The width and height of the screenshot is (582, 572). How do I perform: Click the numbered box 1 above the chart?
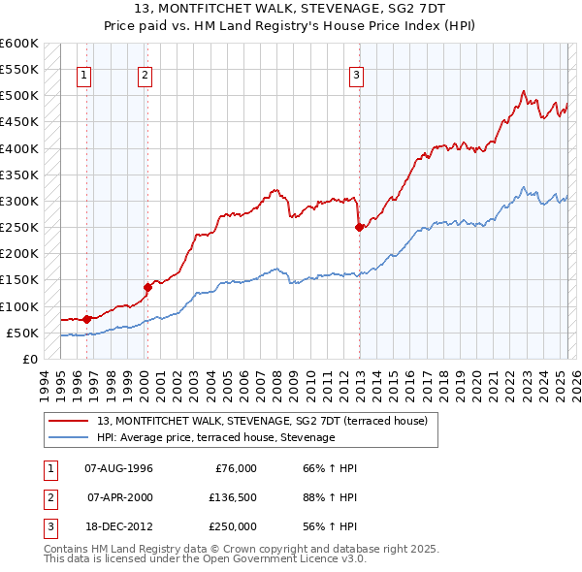(x=85, y=76)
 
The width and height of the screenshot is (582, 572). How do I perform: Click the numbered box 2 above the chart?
(x=145, y=76)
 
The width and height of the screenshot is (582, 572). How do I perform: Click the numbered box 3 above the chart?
(x=356, y=76)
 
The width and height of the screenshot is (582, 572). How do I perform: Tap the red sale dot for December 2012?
(x=359, y=228)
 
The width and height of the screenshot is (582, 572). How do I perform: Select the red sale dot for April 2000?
(x=147, y=287)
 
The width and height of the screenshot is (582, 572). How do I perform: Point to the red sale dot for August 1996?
(x=86, y=318)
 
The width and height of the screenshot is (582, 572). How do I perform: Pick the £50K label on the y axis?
(x=22, y=333)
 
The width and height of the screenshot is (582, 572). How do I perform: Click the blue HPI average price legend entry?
(x=215, y=438)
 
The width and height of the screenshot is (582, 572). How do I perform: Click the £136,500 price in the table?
(x=233, y=497)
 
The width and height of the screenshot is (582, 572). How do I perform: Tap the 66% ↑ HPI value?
(x=324, y=468)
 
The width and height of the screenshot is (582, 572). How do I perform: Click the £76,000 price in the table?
(x=235, y=468)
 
